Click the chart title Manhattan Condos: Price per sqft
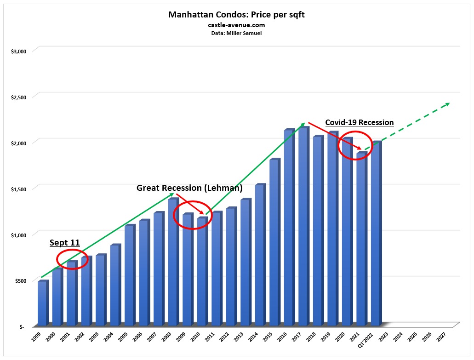click(x=236, y=15)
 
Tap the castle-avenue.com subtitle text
click(x=236, y=25)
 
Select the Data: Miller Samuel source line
click(x=236, y=33)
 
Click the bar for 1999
click(x=42, y=303)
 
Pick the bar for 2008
click(x=173, y=262)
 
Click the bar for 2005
click(x=129, y=276)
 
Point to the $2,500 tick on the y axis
click(x=19, y=97)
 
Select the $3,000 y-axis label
click(x=19, y=51)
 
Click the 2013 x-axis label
click(x=238, y=337)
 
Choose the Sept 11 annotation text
click(x=64, y=243)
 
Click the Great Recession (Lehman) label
click(x=189, y=188)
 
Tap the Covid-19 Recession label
click(x=359, y=122)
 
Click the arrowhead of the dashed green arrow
click(x=446, y=104)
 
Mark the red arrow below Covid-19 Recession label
click(x=335, y=136)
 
